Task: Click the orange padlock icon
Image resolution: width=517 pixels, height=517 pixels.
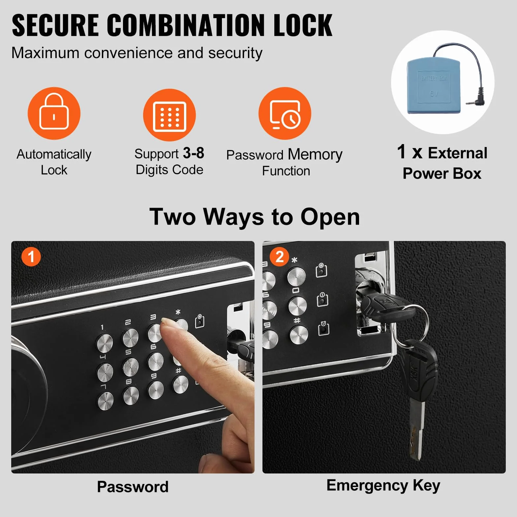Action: [x=54, y=113]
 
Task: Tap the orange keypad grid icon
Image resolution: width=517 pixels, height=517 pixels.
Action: [x=169, y=115]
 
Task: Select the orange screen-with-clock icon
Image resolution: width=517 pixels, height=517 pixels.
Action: [x=285, y=113]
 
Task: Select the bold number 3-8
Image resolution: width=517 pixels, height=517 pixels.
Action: [x=194, y=153]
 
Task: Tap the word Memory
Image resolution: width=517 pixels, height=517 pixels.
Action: [x=315, y=154]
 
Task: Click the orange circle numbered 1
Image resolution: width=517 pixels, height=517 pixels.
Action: [x=31, y=257]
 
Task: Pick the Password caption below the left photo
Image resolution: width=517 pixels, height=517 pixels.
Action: [x=133, y=487]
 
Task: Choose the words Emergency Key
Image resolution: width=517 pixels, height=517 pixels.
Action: [x=383, y=486]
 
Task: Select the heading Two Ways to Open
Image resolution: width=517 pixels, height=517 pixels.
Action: [x=255, y=217]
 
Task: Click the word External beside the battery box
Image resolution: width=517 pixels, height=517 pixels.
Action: [x=457, y=153]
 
